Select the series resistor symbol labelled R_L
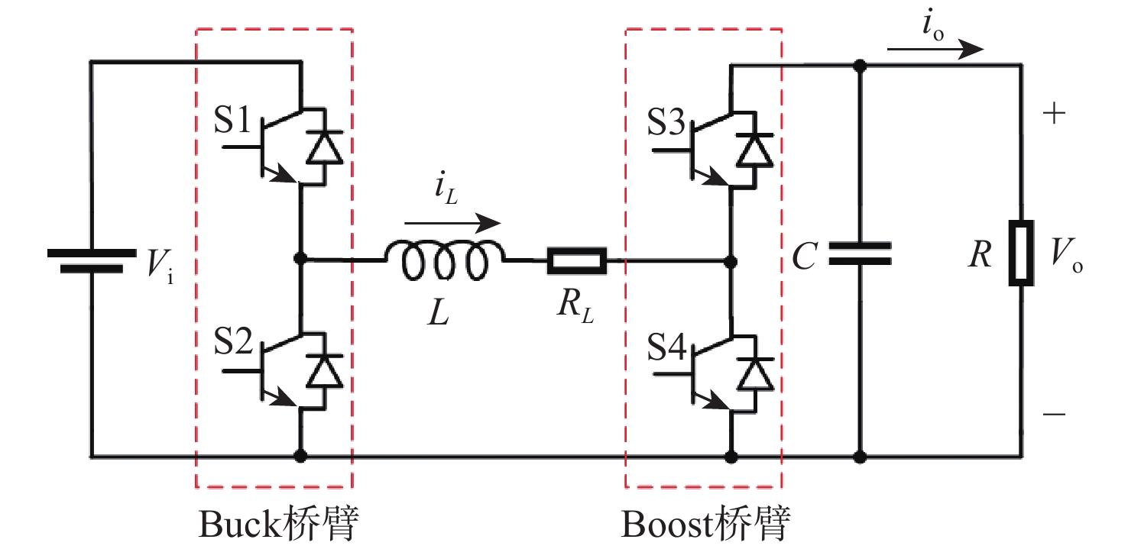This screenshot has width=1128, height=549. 577,260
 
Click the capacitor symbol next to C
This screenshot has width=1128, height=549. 860,255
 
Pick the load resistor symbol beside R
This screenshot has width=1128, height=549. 1021,254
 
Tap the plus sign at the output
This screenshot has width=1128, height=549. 1054,115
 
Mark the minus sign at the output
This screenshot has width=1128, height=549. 1054,415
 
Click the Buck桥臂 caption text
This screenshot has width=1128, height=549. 279,525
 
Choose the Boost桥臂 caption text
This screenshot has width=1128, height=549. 706,525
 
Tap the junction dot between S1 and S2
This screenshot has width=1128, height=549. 299,260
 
